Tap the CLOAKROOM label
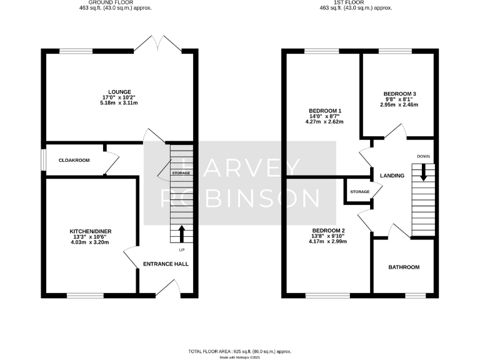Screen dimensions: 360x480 tap(74, 161)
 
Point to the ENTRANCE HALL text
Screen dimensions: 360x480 tap(166, 264)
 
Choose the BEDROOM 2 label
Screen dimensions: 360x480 tap(328, 230)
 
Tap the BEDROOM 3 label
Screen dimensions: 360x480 tap(399, 94)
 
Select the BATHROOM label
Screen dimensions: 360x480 tap(404, 267)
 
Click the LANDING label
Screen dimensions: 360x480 tap(392, 176)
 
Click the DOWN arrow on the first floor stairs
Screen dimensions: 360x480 tap(424, 172)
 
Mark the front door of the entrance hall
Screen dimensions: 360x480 tap(167, 287)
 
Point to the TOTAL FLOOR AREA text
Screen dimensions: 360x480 tap(240, 351)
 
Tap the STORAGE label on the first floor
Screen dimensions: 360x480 tap(360, 192)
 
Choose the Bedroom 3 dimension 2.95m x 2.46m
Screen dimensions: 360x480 tap(399, 105)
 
